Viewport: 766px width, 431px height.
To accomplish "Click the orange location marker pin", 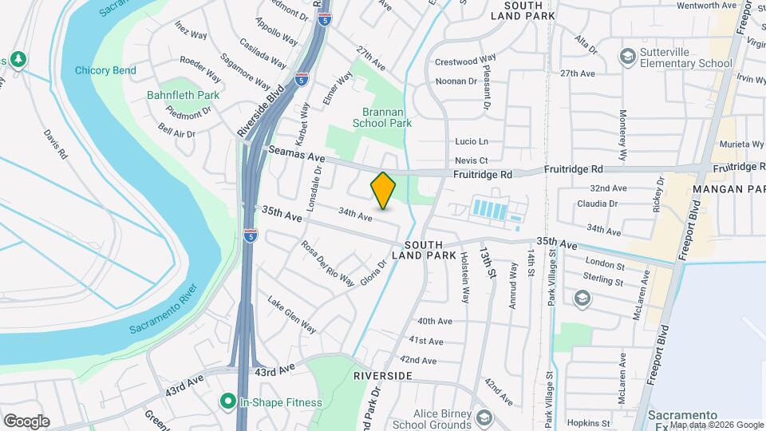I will click(x=383, y=191).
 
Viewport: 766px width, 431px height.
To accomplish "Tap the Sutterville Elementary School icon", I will click(x=627, y=57).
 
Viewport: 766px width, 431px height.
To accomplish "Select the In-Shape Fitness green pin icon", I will click(x=228, y=402).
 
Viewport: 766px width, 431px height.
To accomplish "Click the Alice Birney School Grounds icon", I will click(x=484, y=417).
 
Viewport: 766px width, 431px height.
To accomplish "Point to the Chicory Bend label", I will click(x=105, y=70).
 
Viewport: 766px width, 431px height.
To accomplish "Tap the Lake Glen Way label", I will click(x=291, y=315).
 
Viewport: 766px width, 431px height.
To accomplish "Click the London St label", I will click(x=604, y=264).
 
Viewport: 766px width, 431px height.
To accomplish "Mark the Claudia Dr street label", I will click(x=598, y=204).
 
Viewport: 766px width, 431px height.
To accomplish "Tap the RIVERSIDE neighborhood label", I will click(x=383, y=375).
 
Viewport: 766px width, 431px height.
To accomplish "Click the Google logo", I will click(x=26, y=421).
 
